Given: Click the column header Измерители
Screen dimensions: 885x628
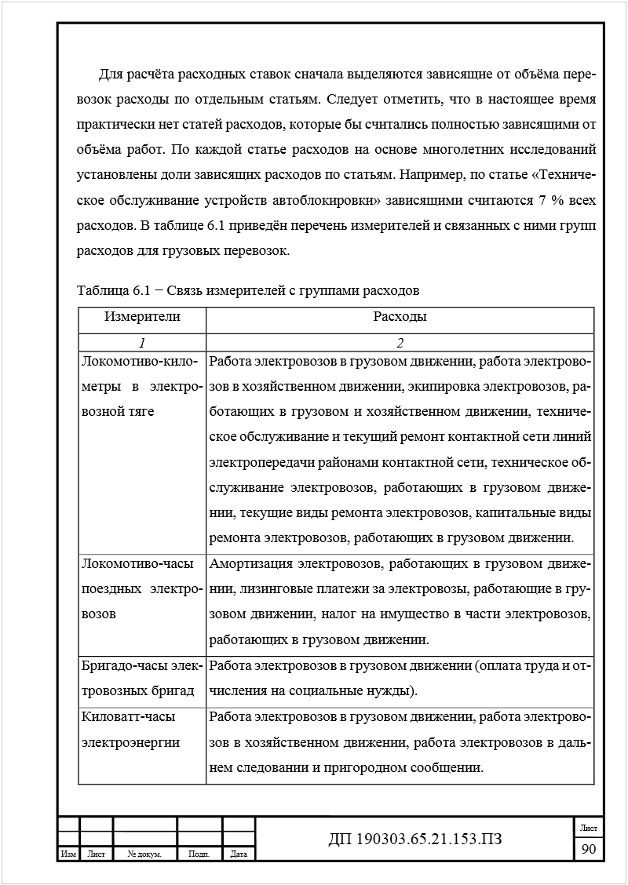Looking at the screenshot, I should pos(142,317).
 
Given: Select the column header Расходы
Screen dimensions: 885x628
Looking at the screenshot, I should pos(400,317).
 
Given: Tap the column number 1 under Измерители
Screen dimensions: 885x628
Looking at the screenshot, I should pos(142,343).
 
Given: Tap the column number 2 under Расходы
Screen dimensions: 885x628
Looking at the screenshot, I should pos(400,343).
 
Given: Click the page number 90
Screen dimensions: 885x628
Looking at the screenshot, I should pos(588,849).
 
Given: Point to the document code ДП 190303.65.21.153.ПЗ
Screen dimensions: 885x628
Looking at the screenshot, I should pos(414,840).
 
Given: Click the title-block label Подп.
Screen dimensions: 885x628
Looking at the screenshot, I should pos(199,854).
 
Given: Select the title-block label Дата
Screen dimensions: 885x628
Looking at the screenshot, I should pos(239,854).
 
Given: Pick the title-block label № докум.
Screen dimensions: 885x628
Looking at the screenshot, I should pos(144,854).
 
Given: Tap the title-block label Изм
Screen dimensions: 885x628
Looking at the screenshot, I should pos(68,854).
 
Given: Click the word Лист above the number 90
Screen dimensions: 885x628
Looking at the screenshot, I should pos(588,828).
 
